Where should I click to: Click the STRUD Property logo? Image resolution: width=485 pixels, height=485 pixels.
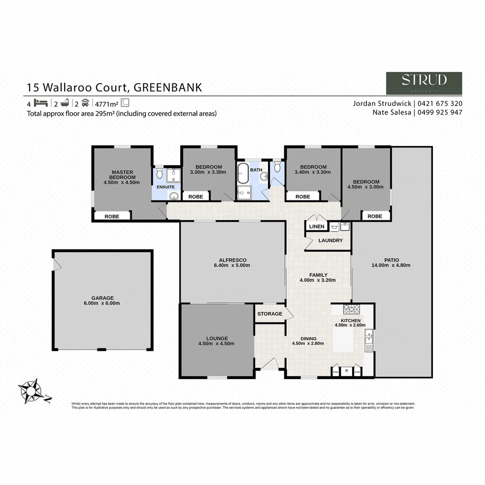(424, 83)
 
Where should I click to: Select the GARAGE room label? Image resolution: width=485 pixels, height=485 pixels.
(103, 298)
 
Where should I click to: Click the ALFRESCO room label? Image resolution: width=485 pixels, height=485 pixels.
(232, 260)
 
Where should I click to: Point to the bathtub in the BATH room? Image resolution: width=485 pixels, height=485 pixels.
(243, 172)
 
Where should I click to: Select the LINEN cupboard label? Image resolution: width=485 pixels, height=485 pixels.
(317, 226)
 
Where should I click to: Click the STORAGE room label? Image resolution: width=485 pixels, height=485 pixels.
(270, 313)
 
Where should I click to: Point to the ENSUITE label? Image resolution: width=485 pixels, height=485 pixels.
(166, 186)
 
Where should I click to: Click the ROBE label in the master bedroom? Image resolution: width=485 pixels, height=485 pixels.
(112, 216)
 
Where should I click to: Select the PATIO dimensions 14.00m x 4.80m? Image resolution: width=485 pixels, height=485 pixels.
(391, 265)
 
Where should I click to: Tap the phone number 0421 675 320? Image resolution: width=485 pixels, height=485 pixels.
(440, 103)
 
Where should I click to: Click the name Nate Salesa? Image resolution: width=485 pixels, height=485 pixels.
(392, 112)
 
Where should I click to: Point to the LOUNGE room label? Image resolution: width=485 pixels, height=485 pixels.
(217, 338)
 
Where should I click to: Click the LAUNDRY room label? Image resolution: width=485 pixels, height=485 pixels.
(330, 241)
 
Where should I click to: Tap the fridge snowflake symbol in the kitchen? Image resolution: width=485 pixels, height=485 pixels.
(346, 371)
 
